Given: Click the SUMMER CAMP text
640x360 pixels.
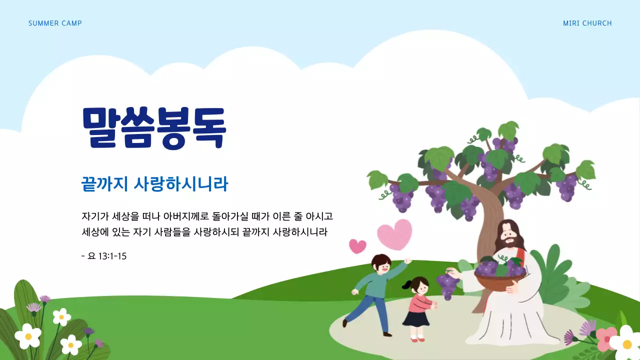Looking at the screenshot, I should (55, 23).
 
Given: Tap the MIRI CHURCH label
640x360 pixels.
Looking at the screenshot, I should (587, 23).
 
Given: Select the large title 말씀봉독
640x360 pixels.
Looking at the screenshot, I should (154, 127).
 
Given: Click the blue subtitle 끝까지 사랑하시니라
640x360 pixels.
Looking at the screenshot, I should (154, 184).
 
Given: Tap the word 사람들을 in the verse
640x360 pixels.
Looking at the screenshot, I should (172, 232).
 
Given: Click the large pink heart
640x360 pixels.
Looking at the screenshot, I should (394, 234).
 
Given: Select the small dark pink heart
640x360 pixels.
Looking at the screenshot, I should (357, 246).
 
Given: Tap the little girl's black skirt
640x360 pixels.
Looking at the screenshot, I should (416, 318).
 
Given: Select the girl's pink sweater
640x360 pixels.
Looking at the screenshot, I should (419, 302).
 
